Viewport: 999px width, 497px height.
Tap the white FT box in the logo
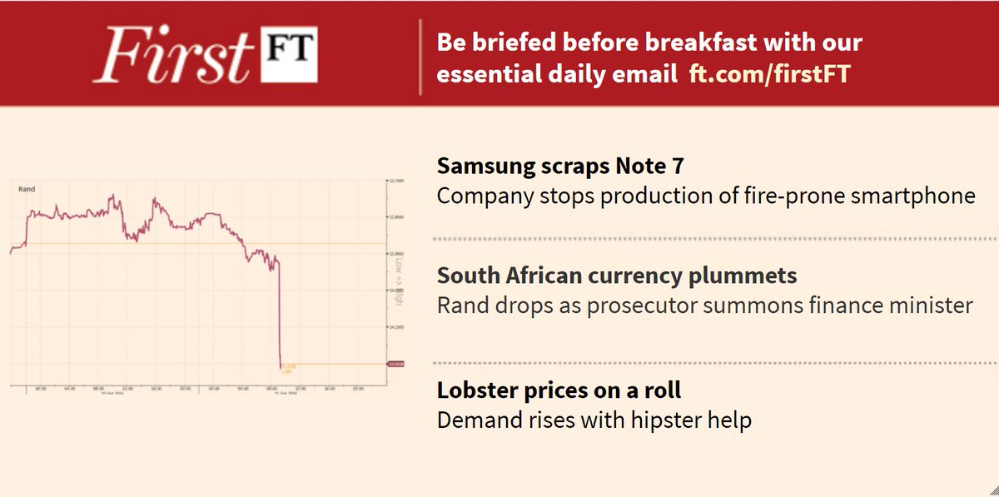click(290, 56)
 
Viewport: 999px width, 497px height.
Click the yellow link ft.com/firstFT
click(770, 75)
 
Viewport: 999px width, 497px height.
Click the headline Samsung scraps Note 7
click(560, 166)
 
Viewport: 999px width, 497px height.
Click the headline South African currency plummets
click(617, 276)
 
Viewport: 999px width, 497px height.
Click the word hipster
click(658, 420)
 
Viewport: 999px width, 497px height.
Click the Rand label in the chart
click(26, 190)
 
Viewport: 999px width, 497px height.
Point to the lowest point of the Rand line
click(281, 366)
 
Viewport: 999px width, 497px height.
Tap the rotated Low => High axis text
click(400, 281)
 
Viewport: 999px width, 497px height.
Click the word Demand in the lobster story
click(473, 420)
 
